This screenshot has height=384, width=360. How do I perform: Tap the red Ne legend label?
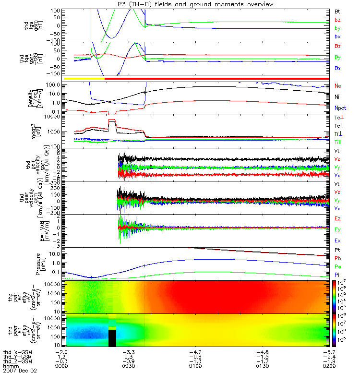338,86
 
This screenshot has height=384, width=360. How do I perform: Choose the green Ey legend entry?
337,229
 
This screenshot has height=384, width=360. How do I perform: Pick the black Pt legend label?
337,251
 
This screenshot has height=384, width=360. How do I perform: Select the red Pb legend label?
337,258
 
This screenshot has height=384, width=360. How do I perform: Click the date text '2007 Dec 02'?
20,371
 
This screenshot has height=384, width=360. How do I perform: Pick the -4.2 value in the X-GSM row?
198,351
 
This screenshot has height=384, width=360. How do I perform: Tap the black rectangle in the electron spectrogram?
112,337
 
